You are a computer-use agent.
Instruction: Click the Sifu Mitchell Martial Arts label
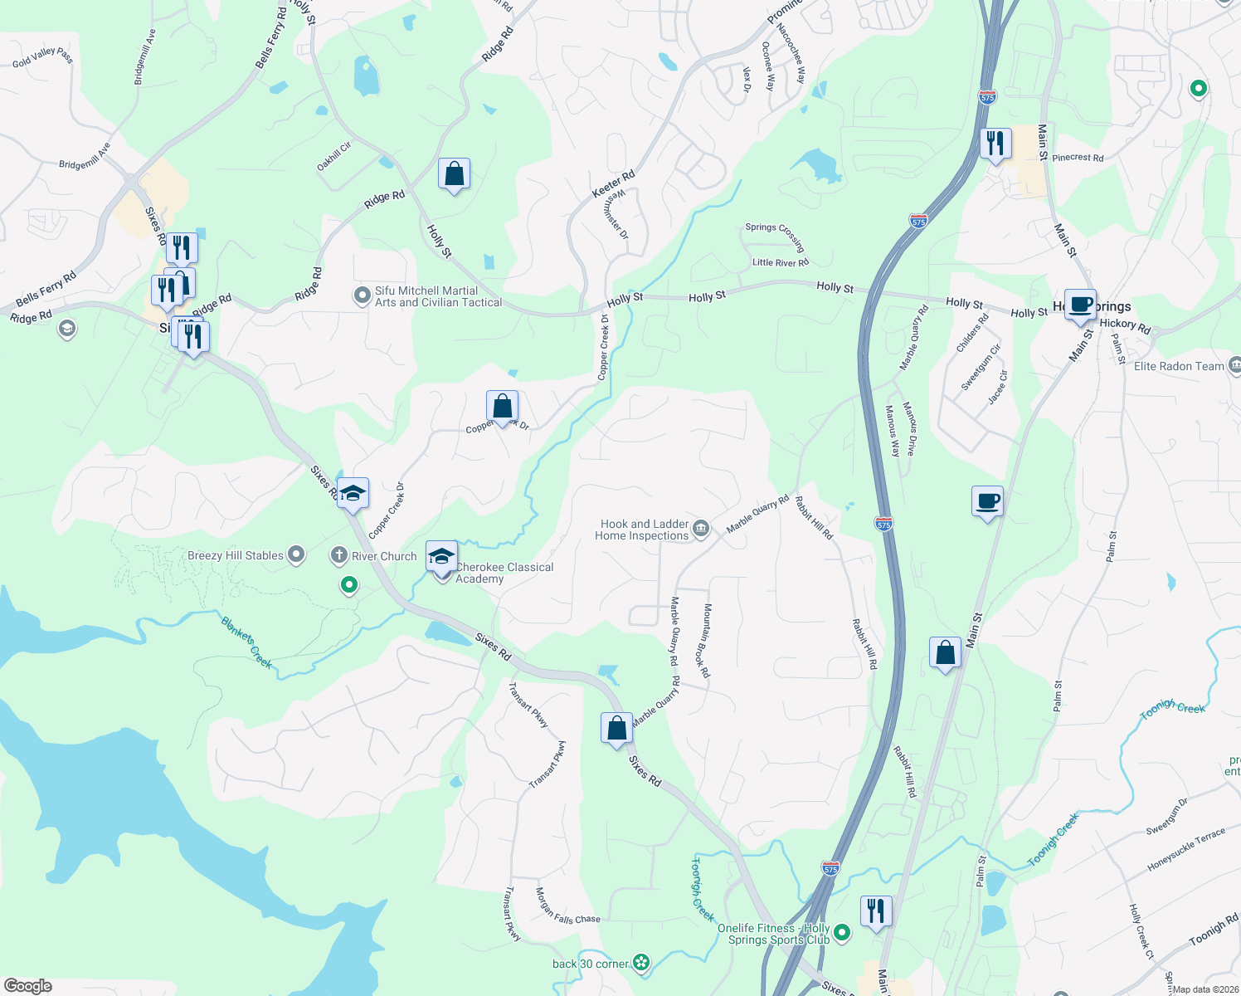point(438,296)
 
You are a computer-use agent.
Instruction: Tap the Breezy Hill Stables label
point(236,556)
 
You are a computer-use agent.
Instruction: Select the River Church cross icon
point(338,555)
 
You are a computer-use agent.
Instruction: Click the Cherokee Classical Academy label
point(504,573)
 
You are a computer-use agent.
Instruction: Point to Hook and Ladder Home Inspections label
point(642,530)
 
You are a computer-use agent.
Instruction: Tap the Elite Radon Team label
point(1179,366)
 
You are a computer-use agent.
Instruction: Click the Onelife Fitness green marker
point(842,933)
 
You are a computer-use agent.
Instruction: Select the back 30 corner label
point(591,964)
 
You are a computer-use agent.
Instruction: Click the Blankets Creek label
point(246,642)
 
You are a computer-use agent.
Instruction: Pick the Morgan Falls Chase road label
point(567,907)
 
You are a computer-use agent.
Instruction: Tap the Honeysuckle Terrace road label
point(1186,850)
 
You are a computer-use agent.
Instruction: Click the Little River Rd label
point(780,262)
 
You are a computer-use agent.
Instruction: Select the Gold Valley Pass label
point(43,57)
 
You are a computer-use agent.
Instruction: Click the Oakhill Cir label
point(334,156)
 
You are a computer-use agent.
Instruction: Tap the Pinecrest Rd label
point(1078,157)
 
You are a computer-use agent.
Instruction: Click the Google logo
point(28,986)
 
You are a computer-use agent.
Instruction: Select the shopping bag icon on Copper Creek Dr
point(502,407)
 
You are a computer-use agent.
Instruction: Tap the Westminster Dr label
point(616,213)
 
